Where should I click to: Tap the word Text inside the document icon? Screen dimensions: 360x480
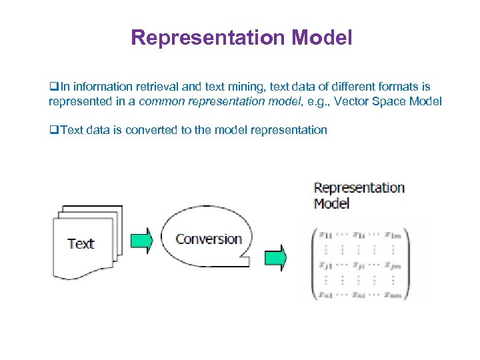[x=81, y=244]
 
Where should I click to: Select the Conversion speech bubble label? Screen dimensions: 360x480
[x=209, y=239]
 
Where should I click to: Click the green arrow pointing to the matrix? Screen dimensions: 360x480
[x=275, y=257]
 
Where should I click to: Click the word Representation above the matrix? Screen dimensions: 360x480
[x=359, y=188]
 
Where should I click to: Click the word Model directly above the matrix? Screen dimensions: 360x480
[x=331, y=203]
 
